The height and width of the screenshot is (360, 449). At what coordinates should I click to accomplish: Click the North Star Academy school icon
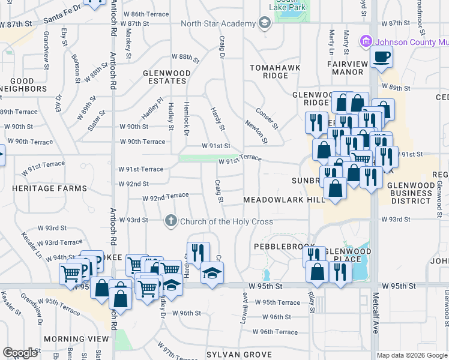264,23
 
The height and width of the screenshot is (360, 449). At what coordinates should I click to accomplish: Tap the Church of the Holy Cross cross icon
171,221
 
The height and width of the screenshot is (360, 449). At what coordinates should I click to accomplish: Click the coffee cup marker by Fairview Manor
382,58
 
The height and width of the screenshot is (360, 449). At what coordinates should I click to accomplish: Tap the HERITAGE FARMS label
49,188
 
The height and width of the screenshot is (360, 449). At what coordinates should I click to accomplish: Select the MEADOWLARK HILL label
275,199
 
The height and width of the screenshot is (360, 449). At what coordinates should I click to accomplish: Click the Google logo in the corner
20,353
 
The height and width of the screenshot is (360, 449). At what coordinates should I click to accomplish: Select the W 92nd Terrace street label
165,196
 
